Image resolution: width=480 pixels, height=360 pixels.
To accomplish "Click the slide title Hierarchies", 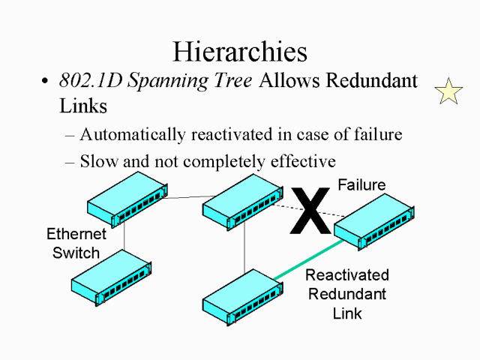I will coord(240,51).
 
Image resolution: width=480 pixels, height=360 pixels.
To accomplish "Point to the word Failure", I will coord(361,185).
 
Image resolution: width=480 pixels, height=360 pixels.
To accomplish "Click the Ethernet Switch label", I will coord(76,242).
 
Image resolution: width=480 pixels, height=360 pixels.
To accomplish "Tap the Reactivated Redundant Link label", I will coord(346,293).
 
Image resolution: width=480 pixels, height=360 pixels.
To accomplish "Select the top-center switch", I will coord(240,199).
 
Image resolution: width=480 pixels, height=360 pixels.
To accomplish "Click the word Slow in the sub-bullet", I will coord(97,160).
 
